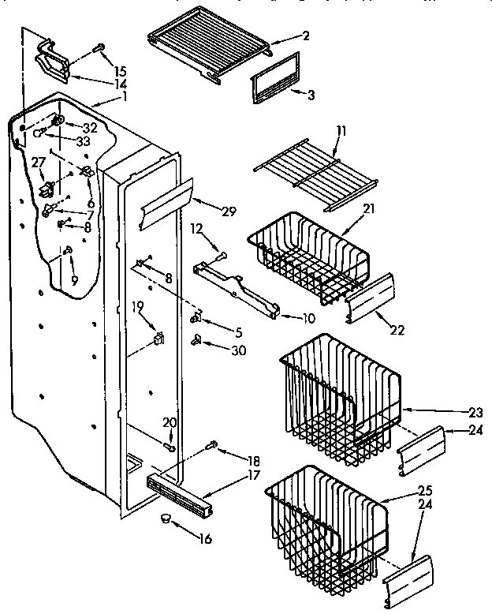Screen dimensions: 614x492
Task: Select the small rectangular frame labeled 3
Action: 274,77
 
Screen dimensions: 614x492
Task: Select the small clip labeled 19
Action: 158,339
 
